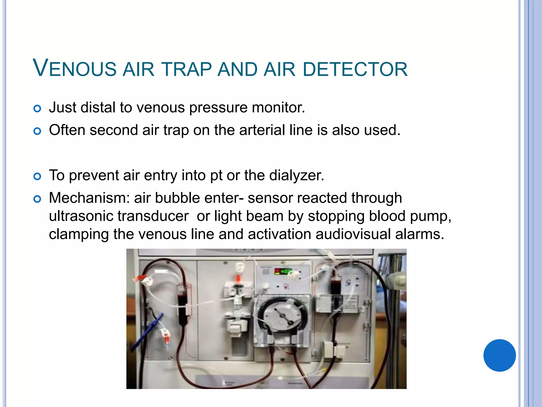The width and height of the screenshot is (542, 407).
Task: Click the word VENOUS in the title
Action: [74, 68]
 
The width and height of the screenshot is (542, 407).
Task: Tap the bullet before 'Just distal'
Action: [37, 108]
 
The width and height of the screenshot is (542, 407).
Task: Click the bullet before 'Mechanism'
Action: [37, 199]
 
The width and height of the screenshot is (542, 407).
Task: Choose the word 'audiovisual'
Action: [353, 234]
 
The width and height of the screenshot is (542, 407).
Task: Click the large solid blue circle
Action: [499, 355]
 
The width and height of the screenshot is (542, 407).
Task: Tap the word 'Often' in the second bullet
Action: [67, 130]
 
